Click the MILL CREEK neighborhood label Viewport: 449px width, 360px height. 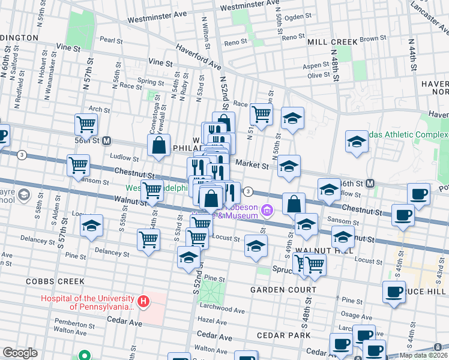(x=332, y=42)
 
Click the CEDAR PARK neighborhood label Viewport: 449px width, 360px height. (x=282, y=335)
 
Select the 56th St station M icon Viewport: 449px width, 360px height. (x=107, y=141)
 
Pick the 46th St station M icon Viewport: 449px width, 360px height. (x=370, y=183)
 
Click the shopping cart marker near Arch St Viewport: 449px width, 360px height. (x=86, y=124)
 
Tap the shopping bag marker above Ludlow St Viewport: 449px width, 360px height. (x=158, y=145)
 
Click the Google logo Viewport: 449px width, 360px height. (x=20, y=353)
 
